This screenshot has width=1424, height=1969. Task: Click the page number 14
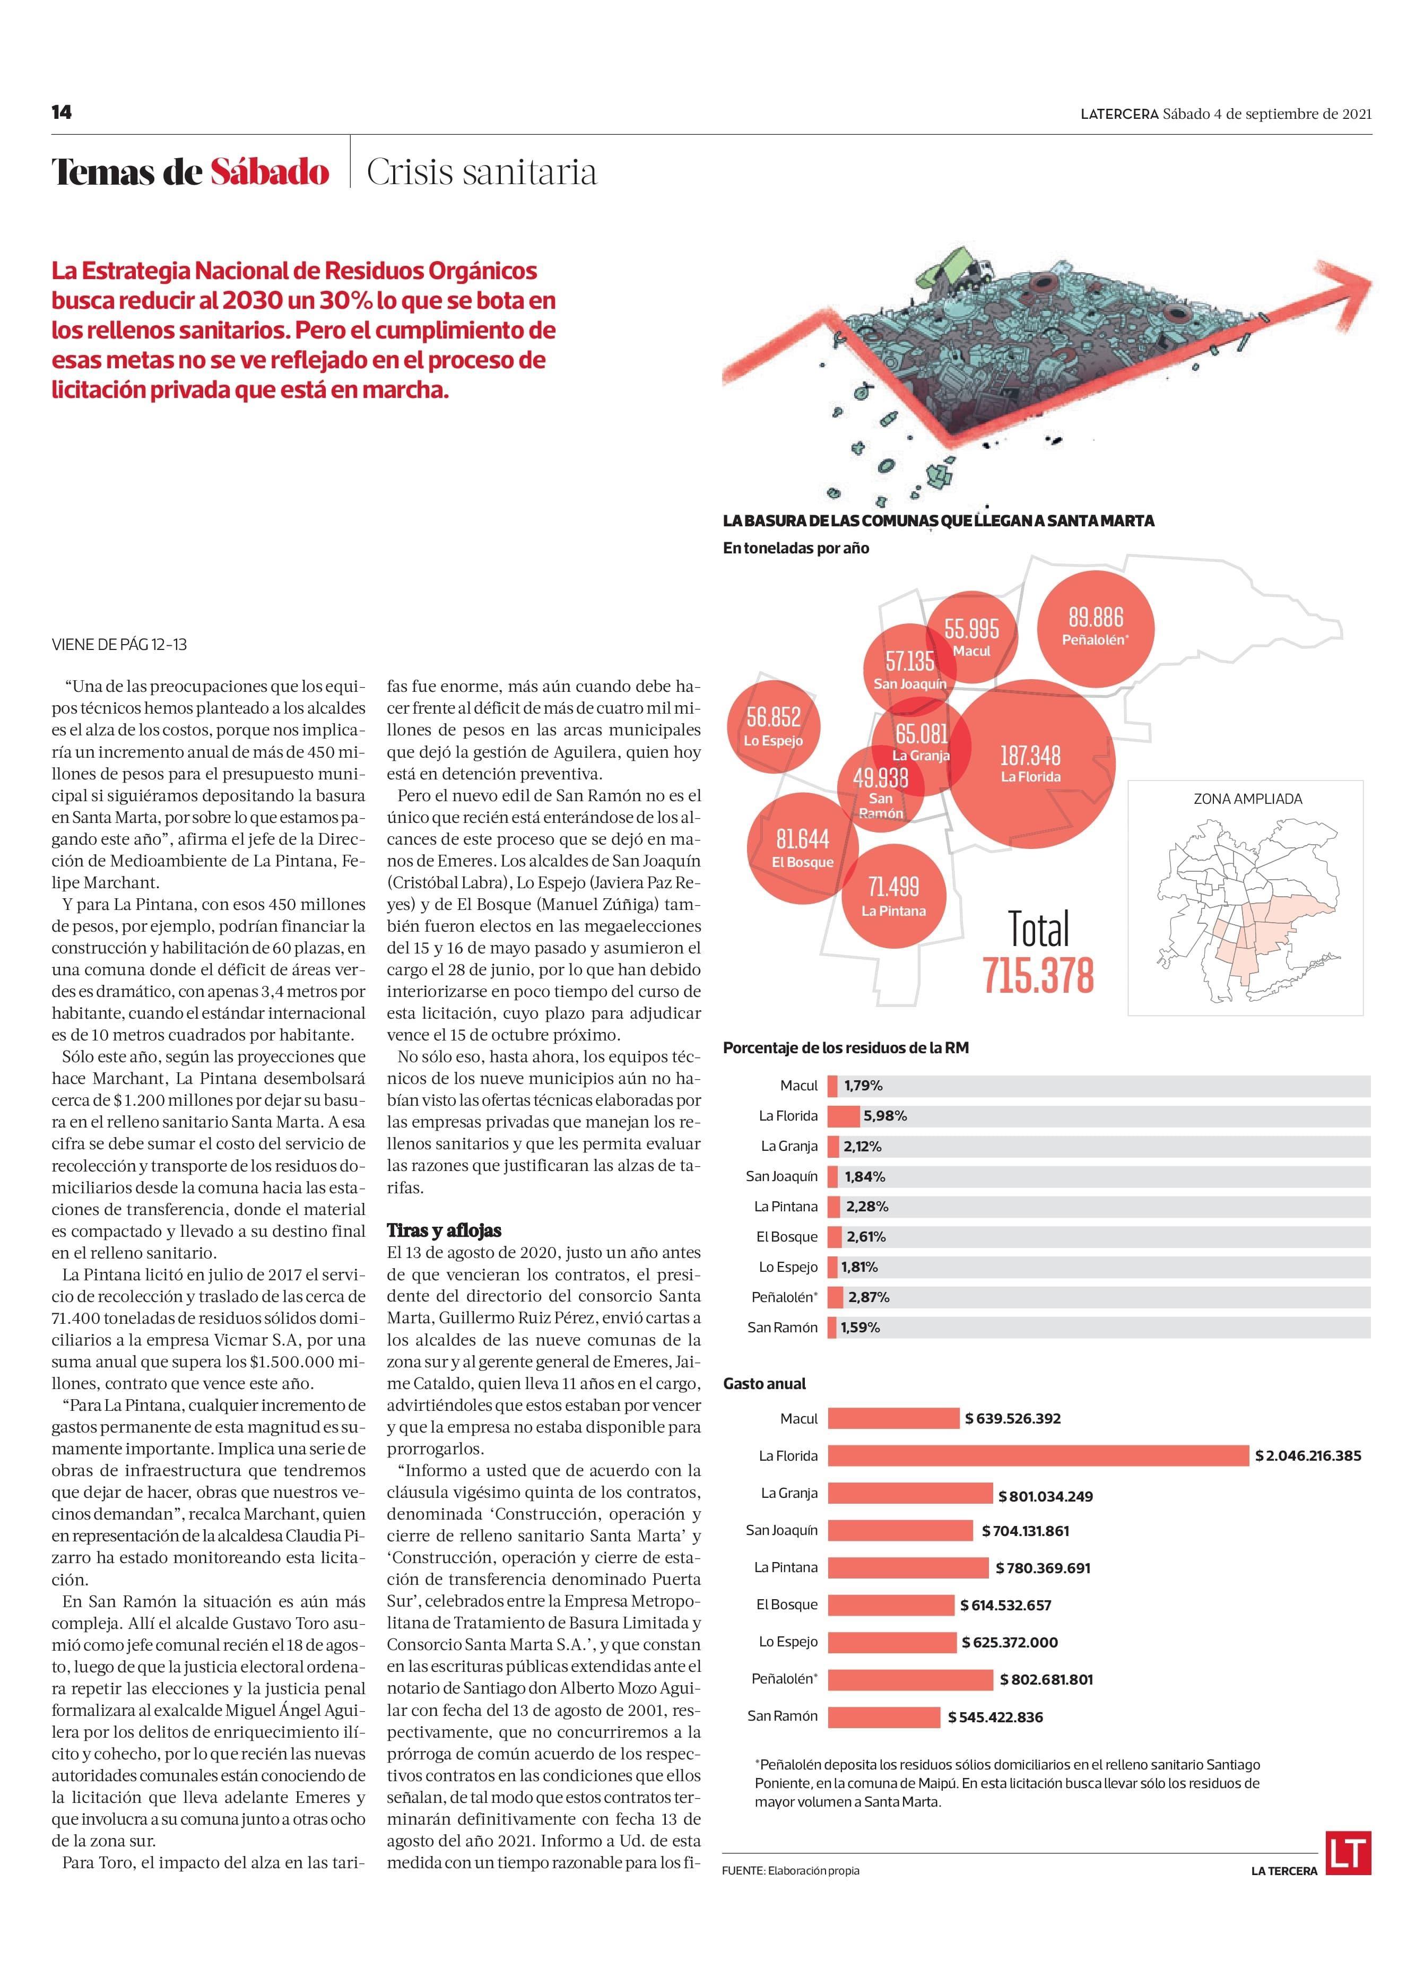click(x=61, y=112)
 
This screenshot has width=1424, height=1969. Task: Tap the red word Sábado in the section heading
click(x=269, y=172)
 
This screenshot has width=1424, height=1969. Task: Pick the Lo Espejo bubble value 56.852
click(x=773, y=717)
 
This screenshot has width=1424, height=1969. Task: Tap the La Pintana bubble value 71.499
click(x=893, y=887)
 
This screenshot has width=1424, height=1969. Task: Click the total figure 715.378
click(x=1038, y=975)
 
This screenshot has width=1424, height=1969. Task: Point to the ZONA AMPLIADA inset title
click(x=1247, y=799)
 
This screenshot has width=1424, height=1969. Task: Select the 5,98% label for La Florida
click(x=885, y=1116)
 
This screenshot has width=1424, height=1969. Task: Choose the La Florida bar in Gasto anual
click(x=1038, y=1456)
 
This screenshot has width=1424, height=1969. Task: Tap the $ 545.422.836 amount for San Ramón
click(x=995, y=1717)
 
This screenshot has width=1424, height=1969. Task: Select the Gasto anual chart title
click(x=764, y=1384)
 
